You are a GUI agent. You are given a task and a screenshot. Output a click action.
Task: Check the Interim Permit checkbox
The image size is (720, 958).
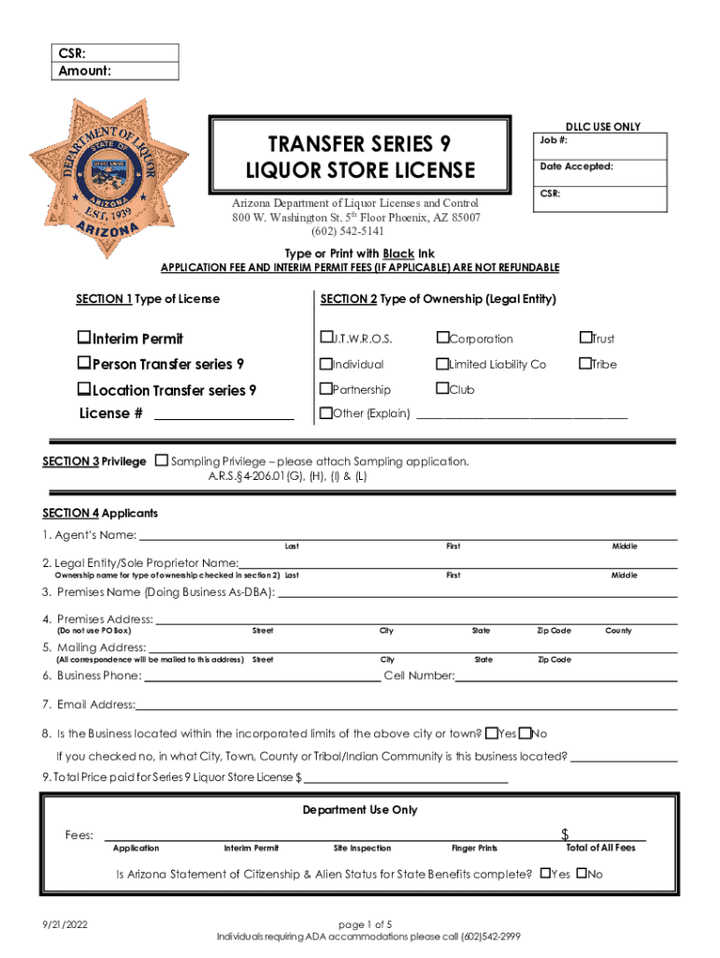tap(84, 339)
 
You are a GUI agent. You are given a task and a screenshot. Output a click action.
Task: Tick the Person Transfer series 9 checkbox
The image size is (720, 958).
tap(84, 364)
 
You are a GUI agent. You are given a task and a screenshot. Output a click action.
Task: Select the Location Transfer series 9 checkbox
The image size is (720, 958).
tap(84, 390)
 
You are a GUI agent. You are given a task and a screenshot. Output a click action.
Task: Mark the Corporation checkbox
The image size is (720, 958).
tap(441, 339)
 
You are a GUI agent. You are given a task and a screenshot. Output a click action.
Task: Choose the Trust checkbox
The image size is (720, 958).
tap(585, 339)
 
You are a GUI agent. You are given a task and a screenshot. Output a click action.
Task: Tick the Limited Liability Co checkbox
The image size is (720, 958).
tap(441, 364)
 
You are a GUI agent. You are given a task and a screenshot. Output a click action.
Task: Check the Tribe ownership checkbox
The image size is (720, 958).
tap(585, 364)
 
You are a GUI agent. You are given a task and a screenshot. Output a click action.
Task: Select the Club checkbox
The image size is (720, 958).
tap(441, 389)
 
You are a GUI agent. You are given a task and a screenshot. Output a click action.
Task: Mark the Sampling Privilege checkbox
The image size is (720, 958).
tap(162, 461)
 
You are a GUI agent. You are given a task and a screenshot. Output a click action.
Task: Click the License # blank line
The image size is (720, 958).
tap(223, 414)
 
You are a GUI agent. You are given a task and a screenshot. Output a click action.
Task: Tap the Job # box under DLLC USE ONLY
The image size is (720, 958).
tap(600, 146)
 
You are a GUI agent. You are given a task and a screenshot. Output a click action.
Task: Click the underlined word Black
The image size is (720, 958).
tap(379, 254)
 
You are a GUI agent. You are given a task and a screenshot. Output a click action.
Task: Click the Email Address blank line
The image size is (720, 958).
tap(406, 705)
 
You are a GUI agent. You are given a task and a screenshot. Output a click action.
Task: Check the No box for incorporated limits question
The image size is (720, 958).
tap(525, 733)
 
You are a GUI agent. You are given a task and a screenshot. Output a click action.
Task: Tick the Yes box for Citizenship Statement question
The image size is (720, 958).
tap(545, 874)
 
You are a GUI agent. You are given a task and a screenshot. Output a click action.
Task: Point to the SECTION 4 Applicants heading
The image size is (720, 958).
tap(100, 514)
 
